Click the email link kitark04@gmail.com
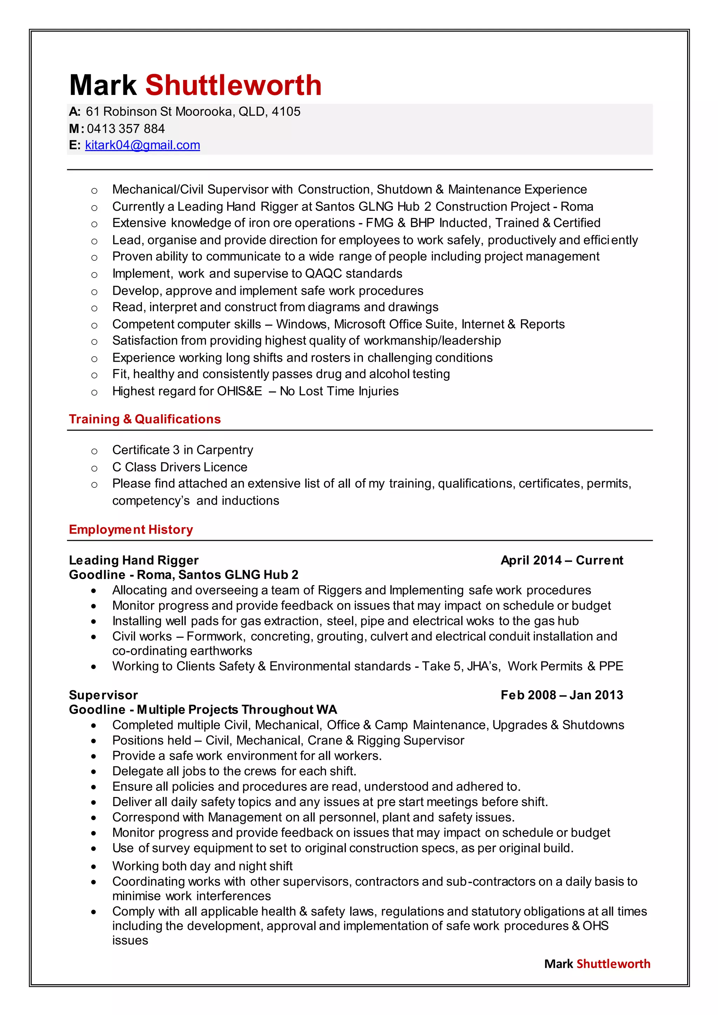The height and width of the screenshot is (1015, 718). pyautogui.click(x=142, y=145)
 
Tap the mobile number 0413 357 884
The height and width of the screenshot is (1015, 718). pyautogui.click(x=126, y=129)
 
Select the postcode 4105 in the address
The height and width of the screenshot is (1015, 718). pyautogui.click(x=286, y=111)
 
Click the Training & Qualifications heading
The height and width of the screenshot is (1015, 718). pyautogui.click(x=144, y=419)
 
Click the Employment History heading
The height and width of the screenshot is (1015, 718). pyautogui.click(x=131, y=529)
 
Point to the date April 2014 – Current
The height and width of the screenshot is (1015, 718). pyautogui.click(x=562, y=560)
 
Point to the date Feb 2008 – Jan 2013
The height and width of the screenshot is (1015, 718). pyautogui.click(x=562, y=695)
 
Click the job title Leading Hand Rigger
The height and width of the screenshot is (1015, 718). pyautogui.click(x=134, y=560)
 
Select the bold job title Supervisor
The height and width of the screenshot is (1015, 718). pyautogui.click(x=103, y=695)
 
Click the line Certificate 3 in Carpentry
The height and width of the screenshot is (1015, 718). pyautogui.click(x=183, y=450)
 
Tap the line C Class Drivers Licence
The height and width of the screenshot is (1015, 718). pyautogui.click(x=179, y=467)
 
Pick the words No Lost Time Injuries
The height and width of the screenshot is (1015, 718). pyautogui.click(x=339, y=391)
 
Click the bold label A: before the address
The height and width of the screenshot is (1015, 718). pyautogui.click(x=74, y=111)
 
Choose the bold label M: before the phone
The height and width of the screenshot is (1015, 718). pyautogui.click(x=76, y=129)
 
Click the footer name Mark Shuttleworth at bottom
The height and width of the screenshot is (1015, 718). pyautogui.click(x=597, y=964)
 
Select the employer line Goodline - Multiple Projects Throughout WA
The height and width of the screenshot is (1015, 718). pyautogui.click(x=203, y=709)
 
